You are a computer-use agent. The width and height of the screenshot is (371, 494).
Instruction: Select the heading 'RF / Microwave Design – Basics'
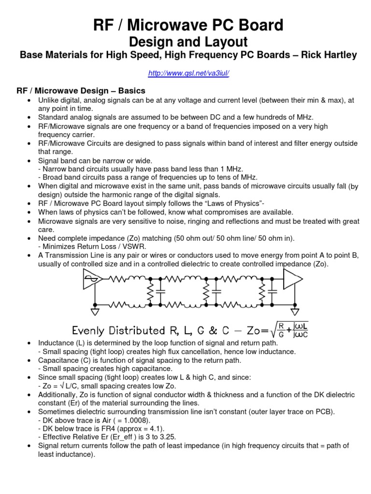pyautogui.click(x=81, y=91)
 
